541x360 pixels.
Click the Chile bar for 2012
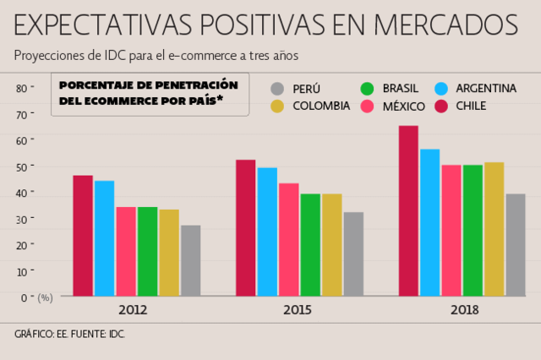click(x=83, y=236)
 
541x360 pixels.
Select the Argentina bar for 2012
click(x=104, y=238)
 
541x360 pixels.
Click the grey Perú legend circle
click(x=277, y=89)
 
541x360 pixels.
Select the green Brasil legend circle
click(x=367, y=89)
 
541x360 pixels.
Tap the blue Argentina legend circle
click(x=440, y=89)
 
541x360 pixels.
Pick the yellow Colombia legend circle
click(x=277, y=106)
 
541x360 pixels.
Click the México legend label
click(x=403, y=106)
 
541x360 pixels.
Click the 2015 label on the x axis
click(x=298, y=310)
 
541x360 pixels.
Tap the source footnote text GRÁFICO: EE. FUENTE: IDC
click(x=69, y=335)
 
